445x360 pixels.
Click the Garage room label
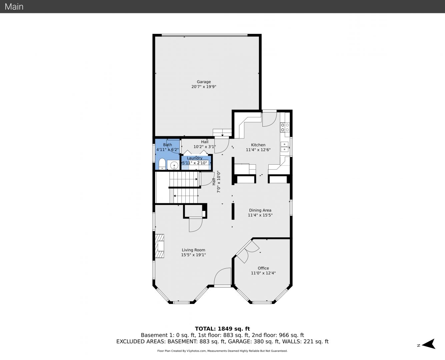tap(204, 82)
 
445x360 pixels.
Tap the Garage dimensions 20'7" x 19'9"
tap(204, 87)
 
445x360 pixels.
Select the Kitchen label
tap(258, 145)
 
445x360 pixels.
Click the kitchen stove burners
tap(285, 127)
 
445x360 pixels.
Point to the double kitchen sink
tap(285, 147)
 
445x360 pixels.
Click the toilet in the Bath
tap(162, 164)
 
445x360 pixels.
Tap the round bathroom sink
tap(174, 166)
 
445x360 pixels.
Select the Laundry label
tap(195, 158)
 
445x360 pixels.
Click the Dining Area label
tap(260, 210)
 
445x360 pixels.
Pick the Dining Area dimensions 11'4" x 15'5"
tap(260, 215)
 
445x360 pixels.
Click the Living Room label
tap(193, 250)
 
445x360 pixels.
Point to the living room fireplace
tap(159, 246)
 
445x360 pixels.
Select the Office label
tap(263, 268)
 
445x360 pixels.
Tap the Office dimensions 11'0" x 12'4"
tap(263, 273)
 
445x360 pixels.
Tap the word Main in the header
tap(14, 7)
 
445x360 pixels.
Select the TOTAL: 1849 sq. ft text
tap(222, 329)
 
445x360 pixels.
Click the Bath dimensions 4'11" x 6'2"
tap(168, 150)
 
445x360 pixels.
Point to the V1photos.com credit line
tap(222, 351)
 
